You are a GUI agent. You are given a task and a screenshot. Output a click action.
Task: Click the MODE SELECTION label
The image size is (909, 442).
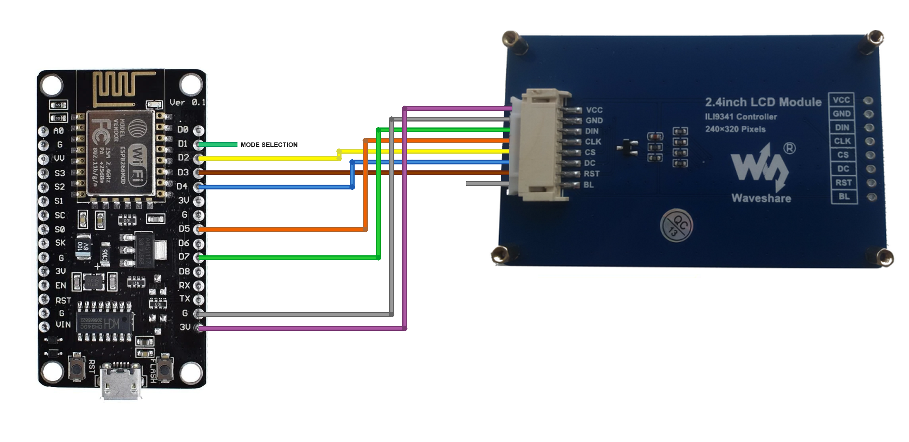pos(269,145)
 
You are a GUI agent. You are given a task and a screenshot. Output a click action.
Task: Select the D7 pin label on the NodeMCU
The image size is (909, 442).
pos(183,257)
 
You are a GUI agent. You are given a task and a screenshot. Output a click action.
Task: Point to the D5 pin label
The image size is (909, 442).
pos(184,229)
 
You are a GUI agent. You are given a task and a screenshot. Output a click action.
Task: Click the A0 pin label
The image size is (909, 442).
pos(58,131)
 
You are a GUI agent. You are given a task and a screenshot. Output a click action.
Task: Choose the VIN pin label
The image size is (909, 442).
pos(63,325)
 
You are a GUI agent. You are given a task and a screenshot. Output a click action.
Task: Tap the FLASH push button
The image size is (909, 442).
pos(164,369)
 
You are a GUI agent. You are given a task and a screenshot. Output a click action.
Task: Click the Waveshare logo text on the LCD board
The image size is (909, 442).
pos(761,199)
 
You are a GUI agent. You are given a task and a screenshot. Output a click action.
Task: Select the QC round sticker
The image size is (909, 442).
pos(676,226)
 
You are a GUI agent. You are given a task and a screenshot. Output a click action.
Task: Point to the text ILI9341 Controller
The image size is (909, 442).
pos(741,117)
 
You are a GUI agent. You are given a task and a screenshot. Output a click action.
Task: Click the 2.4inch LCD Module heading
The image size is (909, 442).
pos(763,102)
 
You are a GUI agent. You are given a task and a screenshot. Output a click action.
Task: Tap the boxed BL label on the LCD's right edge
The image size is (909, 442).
pos(844,197)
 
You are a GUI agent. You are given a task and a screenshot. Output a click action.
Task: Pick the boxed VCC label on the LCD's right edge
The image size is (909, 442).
pos(841,100)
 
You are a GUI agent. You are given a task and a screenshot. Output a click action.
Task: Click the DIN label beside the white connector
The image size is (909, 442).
pos(592,131)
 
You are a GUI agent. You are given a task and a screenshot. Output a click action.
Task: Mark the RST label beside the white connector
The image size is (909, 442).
pos(591,174)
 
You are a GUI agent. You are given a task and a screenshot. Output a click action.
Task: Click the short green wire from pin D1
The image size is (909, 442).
pos(218,145)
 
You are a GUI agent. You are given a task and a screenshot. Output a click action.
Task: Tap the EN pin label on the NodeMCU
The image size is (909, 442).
pos(61,286)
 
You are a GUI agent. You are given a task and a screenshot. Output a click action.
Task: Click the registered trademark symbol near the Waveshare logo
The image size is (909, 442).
pos(789,148)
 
